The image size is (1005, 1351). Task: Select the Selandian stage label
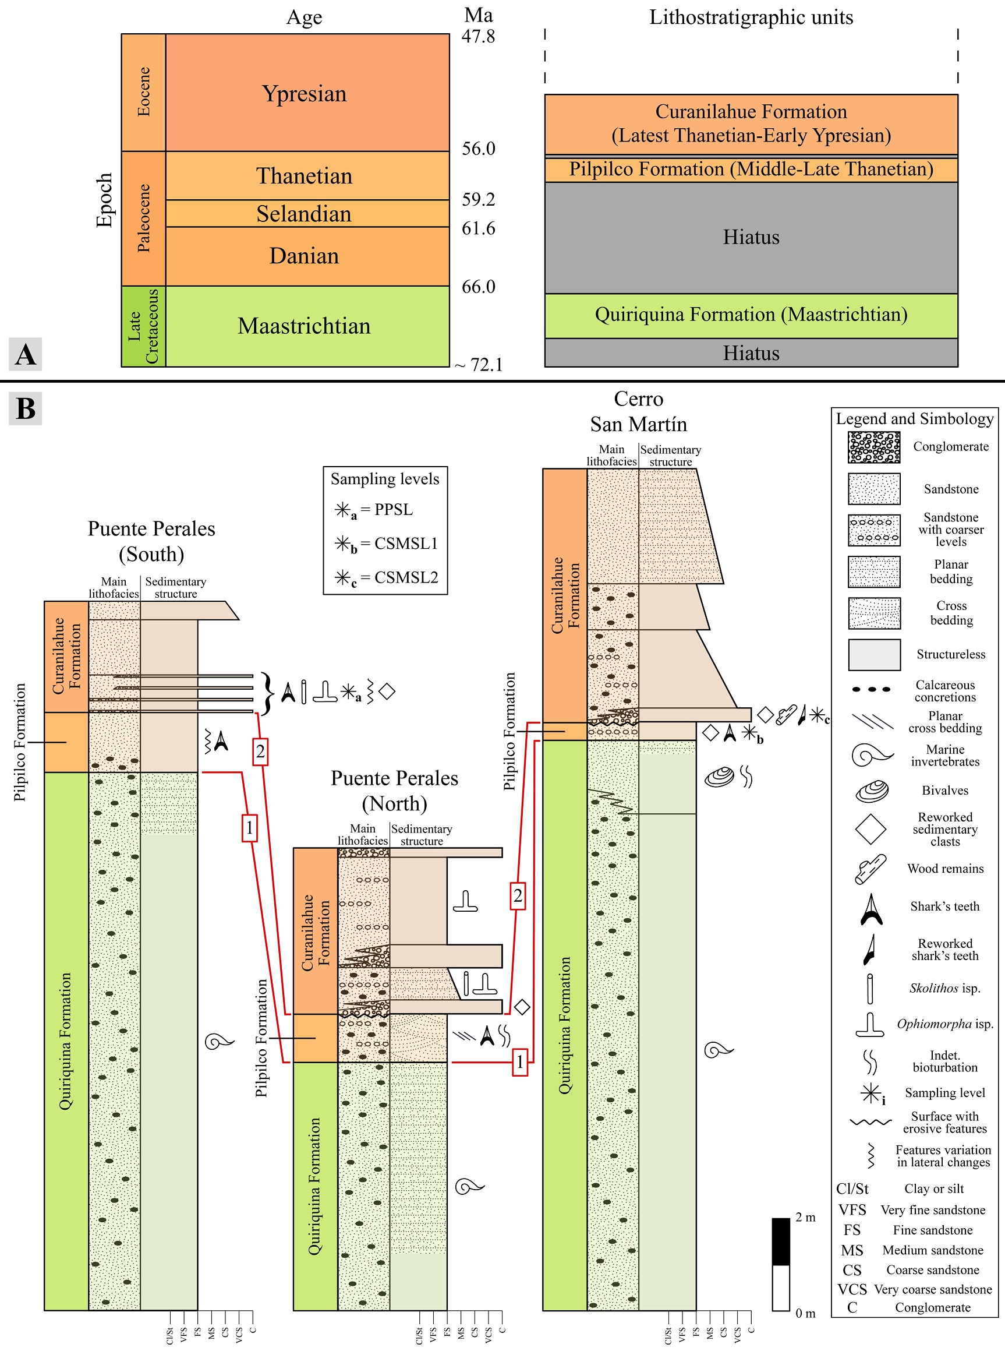coord(303,214)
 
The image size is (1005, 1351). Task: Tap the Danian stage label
coord(303,256)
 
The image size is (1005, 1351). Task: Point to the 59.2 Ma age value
coord(478,200)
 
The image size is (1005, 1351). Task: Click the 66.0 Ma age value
coord(478,287)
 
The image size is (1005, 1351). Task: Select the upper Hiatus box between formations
coord(751,237)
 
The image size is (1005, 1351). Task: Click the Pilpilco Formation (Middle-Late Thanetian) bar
coord(751,169)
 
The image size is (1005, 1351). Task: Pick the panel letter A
coord(26,354)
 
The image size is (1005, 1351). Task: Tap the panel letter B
coord(26,408)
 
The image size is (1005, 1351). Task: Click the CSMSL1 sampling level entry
coord(385,544)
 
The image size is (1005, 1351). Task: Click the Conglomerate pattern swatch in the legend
coord(874,447)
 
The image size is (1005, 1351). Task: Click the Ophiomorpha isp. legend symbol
coord(870,1025)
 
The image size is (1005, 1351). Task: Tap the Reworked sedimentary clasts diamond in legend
coord(870,830)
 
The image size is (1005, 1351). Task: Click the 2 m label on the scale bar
coord(805,1218)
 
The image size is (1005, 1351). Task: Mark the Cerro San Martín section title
coord(638,411)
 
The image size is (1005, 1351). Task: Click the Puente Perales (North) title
coord(394,791)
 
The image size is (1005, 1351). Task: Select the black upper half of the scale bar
coord(780,1241)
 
